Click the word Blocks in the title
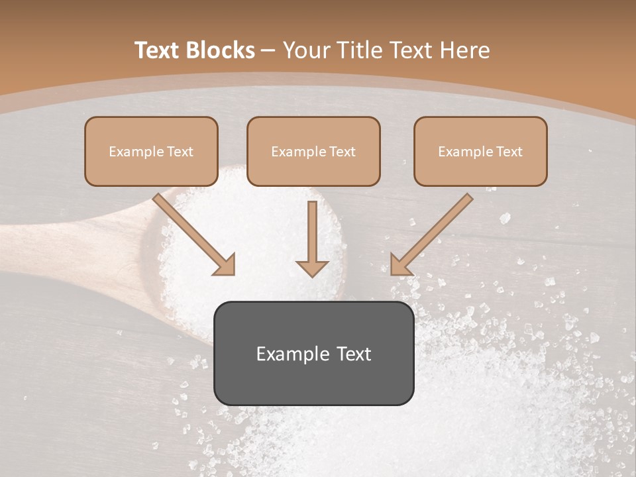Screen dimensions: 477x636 coord(221,50)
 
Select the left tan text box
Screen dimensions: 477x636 coord(151,151)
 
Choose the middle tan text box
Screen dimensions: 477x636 coord(313,151)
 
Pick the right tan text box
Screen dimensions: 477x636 coord(480,151)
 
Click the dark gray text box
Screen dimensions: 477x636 coord(313,353)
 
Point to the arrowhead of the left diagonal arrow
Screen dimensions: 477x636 coord(226,265)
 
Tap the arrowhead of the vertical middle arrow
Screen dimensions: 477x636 coord(312,268)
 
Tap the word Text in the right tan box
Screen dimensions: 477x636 coord(509,152)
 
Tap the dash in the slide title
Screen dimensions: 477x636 coord(268,50)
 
